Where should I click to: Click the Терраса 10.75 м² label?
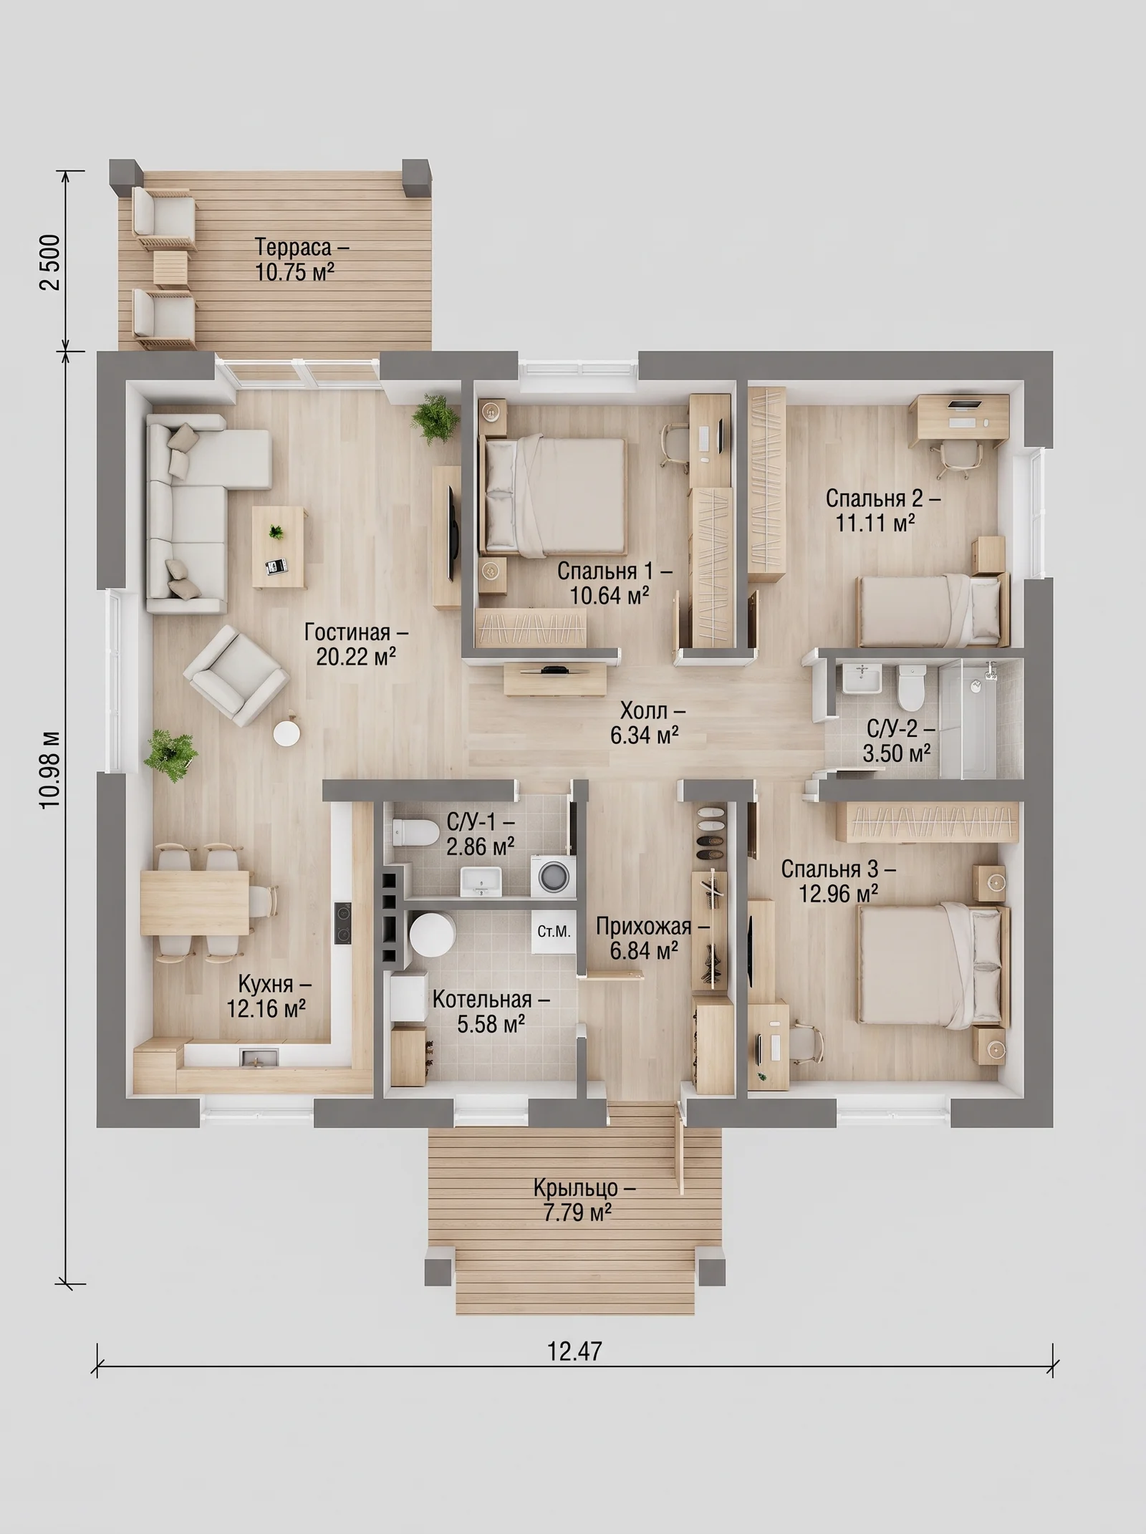302,259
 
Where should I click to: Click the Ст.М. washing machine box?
554,932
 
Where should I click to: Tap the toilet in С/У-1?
415,833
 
